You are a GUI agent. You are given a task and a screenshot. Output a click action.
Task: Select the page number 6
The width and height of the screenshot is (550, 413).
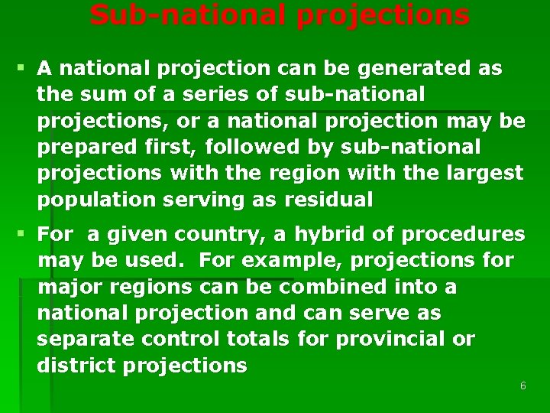click(522, 386)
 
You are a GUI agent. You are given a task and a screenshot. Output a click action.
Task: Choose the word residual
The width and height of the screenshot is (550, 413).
click(328, 200)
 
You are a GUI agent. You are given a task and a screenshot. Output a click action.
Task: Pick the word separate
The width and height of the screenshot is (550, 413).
click(84, 339)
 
